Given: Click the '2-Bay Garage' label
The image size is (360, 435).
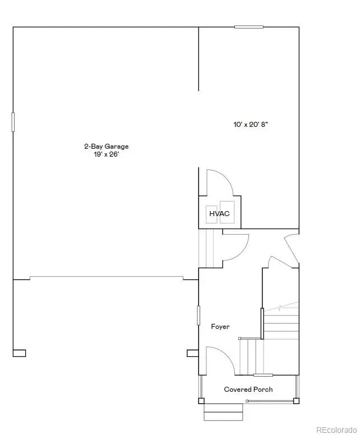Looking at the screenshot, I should (x=107, y=146).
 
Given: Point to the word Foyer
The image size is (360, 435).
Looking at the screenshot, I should (x=220, y=326).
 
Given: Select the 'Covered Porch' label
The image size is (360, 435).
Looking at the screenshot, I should (x=248, y=389).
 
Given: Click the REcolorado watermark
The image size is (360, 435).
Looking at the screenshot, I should (x=336, y=430).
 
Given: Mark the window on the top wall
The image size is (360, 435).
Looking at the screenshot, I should (x=249, y=26).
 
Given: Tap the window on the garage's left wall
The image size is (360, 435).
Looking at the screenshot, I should (x=13, y=122).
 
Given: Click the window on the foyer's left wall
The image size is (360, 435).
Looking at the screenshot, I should (x=198, y=315).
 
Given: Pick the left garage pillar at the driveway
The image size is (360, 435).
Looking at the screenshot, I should (x=19, y=353).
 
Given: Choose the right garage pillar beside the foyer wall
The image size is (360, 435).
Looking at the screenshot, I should (x=192, y=353).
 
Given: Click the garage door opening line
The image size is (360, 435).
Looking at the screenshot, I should (x=107, y=277).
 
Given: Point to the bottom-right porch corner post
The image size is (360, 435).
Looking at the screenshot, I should (x=297, y=401).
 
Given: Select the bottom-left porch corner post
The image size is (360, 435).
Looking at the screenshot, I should (x=201, y=401).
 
